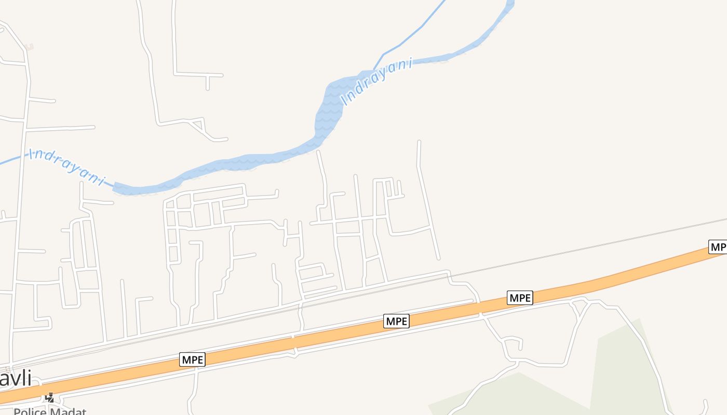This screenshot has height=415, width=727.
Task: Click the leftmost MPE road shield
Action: pyautogui.click(x=193, y=359)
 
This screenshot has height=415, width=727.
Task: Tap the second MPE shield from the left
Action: pyautogui.click(x=397, y=321)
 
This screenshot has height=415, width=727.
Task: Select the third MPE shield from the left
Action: pyautogui.click(x=520, y=298)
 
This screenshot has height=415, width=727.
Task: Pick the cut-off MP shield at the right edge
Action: pyautogui.click(x=718, y=247)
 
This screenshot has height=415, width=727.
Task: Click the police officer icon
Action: pyautogui.click(x=50, y=398)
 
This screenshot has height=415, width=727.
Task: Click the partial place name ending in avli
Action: pyautogui.click(x=15, y=378)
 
